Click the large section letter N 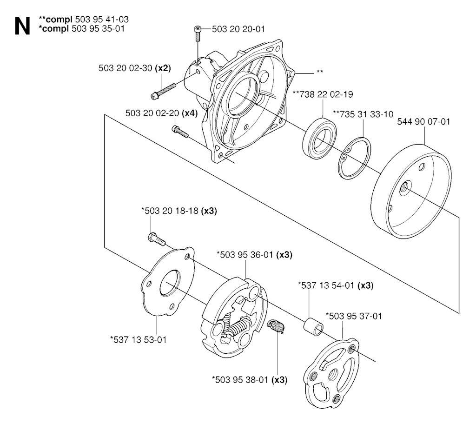click(22, 26)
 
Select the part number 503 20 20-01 click(238, 29)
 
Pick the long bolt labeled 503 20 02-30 click(163, 91)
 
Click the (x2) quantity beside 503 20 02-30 click(163, 68)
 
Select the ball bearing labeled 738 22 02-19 click(319, 138)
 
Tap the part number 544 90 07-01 click(423, 122)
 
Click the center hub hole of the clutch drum click(405, 189)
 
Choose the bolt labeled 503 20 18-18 click(157, 238)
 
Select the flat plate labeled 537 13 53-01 click(168, 281)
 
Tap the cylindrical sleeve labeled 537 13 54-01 click(314, 326)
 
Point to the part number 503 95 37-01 click(354, 316)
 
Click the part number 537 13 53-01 click(139, 339)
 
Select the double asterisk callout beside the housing click(320, 72)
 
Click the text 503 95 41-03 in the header click(102, 20)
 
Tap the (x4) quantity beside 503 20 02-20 click(190, 113)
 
